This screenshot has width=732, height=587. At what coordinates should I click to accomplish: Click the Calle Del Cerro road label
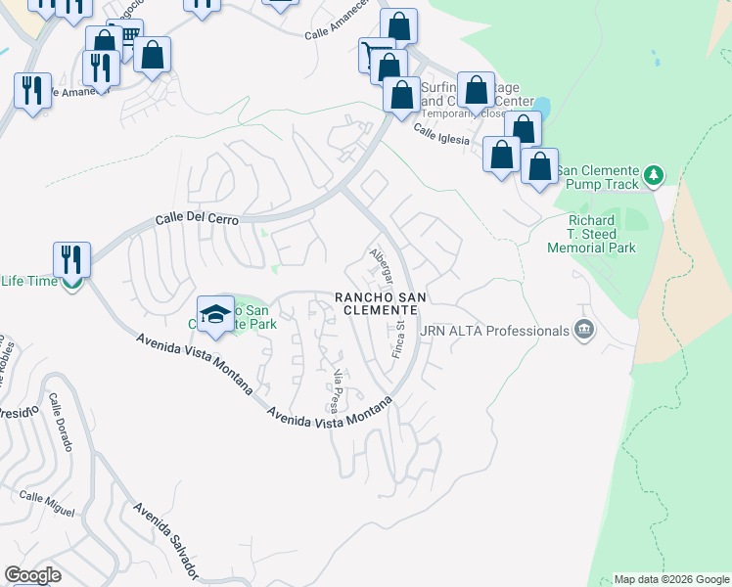coord(197,220)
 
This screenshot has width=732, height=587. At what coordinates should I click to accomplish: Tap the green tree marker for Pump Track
coord(654,177)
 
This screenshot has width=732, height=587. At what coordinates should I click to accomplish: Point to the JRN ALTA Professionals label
coord(494,331)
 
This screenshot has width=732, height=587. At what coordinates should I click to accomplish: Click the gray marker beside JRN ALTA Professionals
coord(585,330)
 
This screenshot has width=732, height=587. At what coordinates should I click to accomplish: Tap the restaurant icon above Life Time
coord(71,259)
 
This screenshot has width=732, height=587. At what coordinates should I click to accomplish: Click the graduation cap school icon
coord(215,313)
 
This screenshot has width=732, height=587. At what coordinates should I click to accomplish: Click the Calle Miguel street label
coord(47,505)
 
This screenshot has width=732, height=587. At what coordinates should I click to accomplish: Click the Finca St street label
coord(399,335)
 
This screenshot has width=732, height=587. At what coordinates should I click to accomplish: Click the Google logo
coord(33,575)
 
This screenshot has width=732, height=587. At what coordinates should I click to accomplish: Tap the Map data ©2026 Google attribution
coord(671,579)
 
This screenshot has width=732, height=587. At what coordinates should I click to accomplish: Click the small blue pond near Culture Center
coord(541,104)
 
